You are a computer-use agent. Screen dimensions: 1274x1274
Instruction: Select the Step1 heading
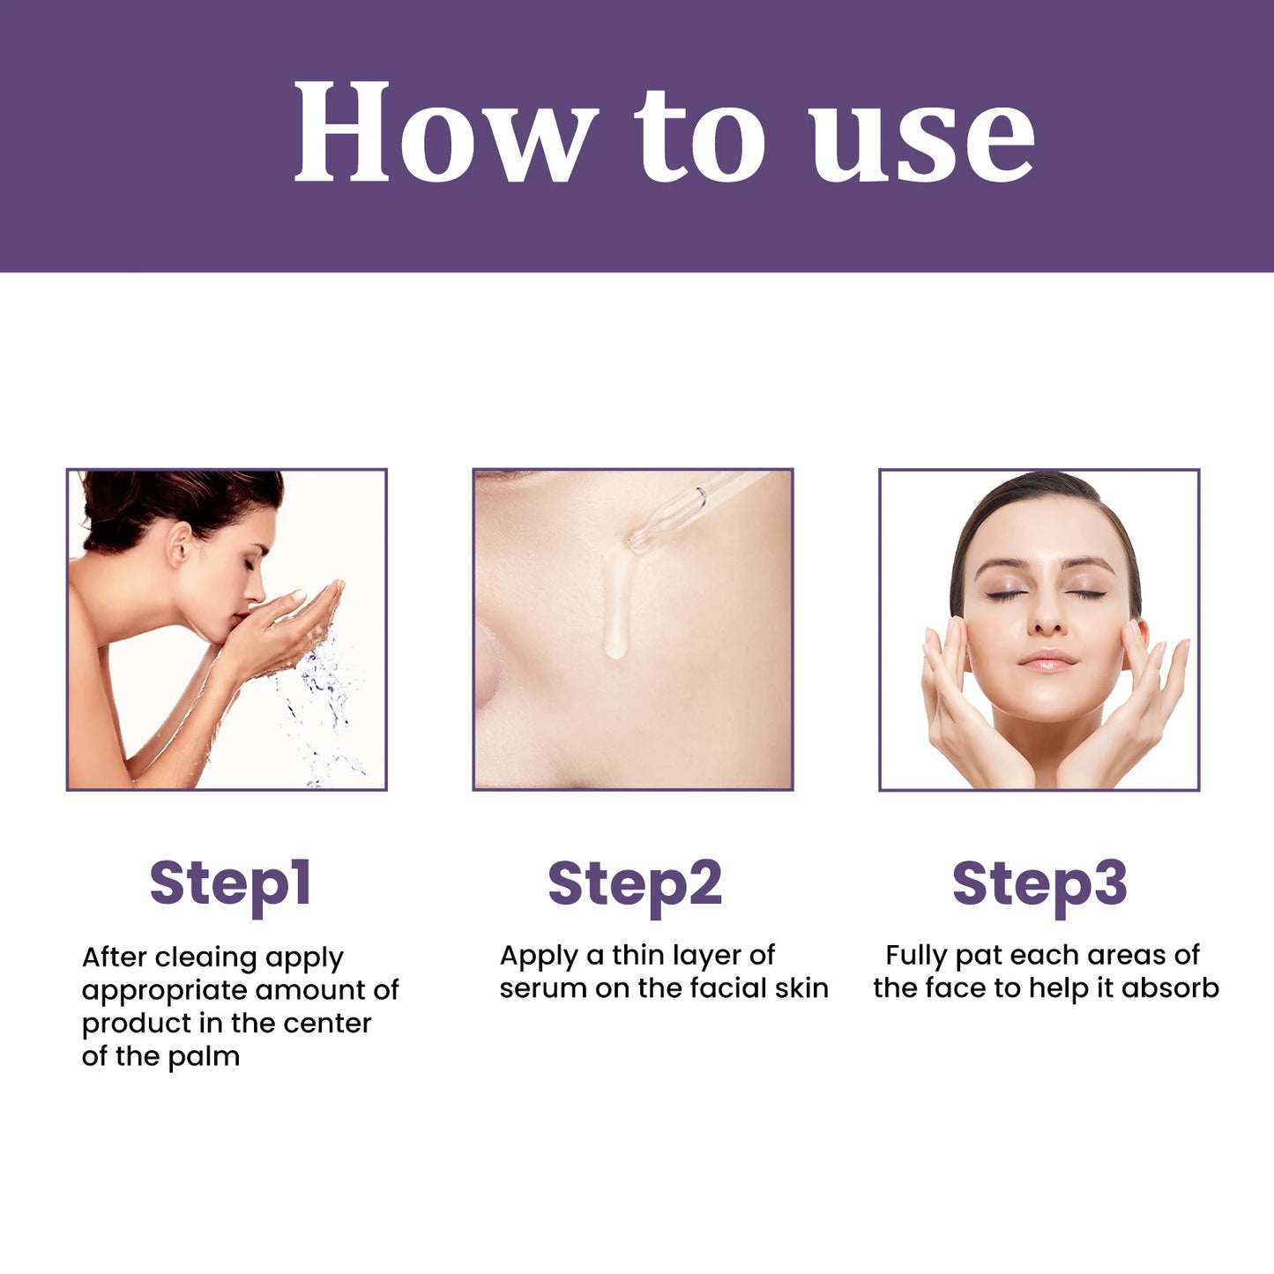click(230, 883)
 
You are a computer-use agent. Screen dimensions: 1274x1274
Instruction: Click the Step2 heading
click(635, 883)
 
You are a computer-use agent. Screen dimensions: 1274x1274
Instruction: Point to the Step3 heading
click(1039, 883)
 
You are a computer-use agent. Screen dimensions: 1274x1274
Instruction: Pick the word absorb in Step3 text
click(1170, 989)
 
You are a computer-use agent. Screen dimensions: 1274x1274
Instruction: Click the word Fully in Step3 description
click(917, 956)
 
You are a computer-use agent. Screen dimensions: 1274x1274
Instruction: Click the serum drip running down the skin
click(615, 608)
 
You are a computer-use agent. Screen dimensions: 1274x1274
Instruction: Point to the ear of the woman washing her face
click(181, 544)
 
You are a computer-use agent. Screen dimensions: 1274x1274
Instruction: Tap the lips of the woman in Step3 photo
click(1047, 659)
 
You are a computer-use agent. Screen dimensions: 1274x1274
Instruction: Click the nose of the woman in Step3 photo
click(1047, 617)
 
